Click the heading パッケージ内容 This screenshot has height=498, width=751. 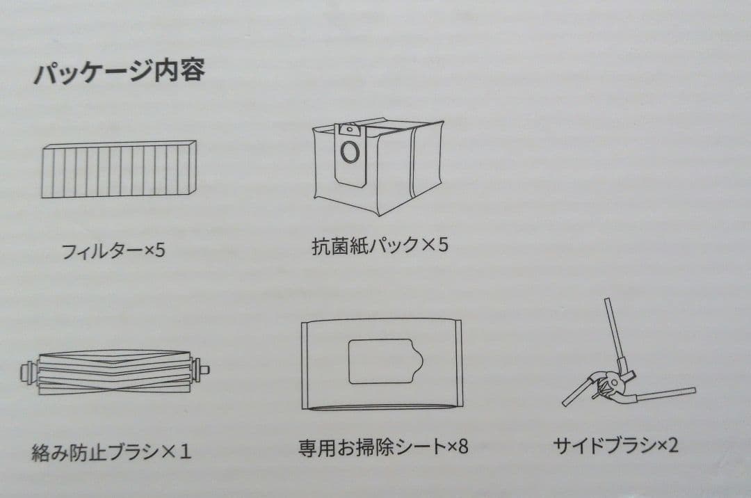click(x=119, y=72)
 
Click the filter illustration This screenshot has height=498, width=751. click(x=118, y=169)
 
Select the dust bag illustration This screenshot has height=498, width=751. click(x=378, y=166)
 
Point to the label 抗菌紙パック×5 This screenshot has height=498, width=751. click(x=380, y=246)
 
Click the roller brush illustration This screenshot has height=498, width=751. click(x=115, y=371)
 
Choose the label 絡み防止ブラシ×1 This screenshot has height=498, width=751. click(x=111, y=452)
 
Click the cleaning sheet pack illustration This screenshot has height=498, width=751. click(x=381, y=364)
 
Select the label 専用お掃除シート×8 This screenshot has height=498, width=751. click(x=383, y=446)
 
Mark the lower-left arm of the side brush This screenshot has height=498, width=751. click(x=577, y=393)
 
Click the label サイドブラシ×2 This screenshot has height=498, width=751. click(x=615, y=445)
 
